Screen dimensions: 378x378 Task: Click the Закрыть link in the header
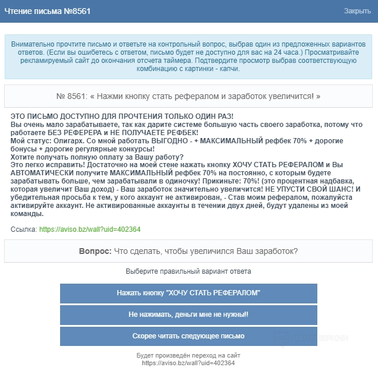tap(357, 11)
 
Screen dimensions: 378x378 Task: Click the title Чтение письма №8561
tap(47, 11)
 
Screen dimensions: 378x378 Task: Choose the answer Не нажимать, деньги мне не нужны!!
tap(188, 315)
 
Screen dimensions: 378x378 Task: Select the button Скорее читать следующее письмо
tap(188, 336)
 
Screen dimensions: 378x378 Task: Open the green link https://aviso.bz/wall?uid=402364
tap(90, 229)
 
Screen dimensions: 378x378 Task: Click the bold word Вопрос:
tap(95, 251)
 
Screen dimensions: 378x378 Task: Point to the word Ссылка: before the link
tap(24, 229)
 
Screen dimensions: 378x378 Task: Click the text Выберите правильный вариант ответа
tap(188, 271)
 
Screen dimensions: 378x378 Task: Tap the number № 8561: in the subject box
tap(72, 96)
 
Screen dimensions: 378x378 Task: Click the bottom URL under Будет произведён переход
tap(188, 363)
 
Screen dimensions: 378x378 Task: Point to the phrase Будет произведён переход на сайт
tap(188, 355)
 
